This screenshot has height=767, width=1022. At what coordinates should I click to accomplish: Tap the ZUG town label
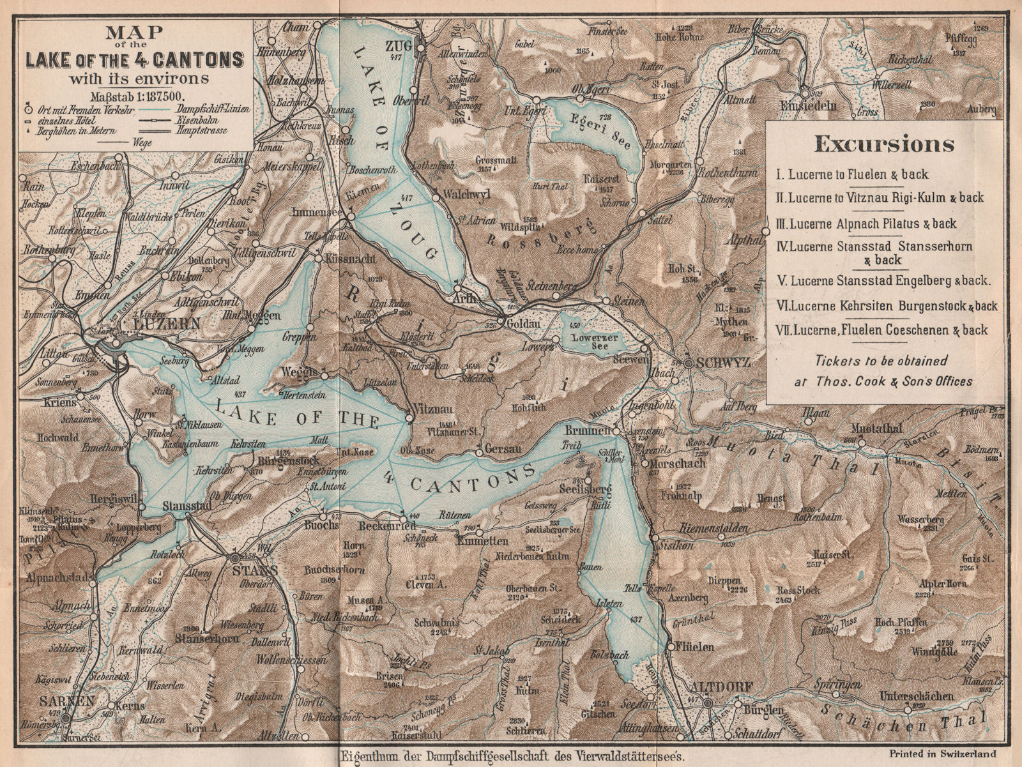pyautogui.click(x=397, y=45)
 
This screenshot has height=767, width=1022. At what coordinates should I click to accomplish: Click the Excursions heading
pyautogui.click(x=884, y=145)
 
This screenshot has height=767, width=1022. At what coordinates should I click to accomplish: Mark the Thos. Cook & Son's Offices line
pyautogui.click(x=883, y=381)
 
